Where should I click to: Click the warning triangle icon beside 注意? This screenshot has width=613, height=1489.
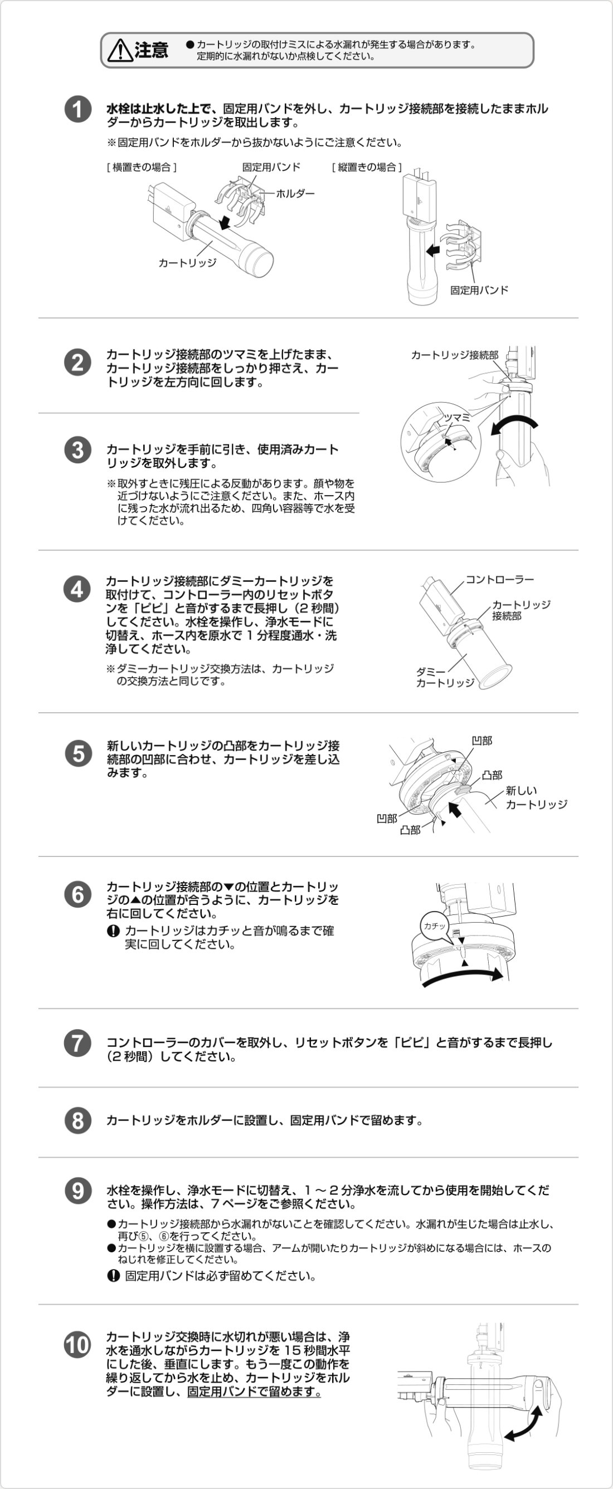(x=120, y=50)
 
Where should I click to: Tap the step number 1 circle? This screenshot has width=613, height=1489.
(x=77, y=110)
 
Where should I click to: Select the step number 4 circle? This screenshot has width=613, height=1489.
(x=77, y=589)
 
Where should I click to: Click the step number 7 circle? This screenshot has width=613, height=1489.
(x=77, y=1044)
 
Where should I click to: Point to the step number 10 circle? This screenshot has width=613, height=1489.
(x=77, y=1344)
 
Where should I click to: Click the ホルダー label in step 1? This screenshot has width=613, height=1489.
(x=295, y=194)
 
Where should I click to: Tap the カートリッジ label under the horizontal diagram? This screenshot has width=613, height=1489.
(x=187, y=263)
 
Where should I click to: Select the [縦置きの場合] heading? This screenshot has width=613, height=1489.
(x=367, y=167)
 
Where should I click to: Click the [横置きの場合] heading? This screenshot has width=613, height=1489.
(x=142, y=167)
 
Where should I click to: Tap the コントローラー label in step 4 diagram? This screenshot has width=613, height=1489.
(x=500, y=579)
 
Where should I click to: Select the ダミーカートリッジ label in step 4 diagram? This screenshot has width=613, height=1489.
(x=445, y=677)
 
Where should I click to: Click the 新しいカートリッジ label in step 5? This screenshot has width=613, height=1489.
(x=536, y=797)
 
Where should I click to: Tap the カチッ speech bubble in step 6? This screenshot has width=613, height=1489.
(x=435, y=925)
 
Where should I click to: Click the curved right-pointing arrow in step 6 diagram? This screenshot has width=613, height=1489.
(x=463, y=976)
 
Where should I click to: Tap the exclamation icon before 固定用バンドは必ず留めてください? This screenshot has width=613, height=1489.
(x=113, y=1276)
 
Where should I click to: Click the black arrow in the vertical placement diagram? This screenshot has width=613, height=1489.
(x=432, y=250)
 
